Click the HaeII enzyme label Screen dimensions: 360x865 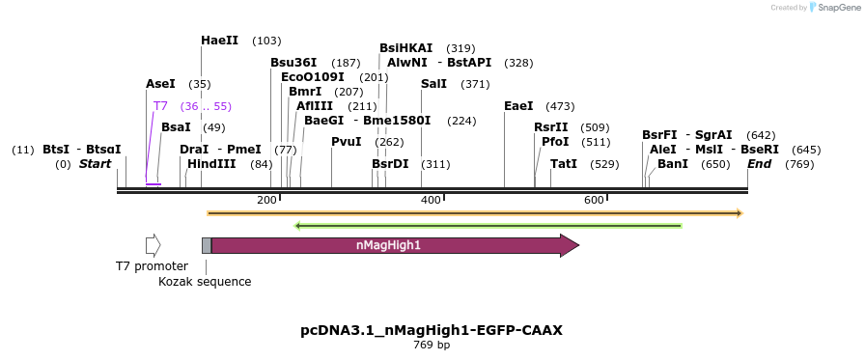click(219, 41)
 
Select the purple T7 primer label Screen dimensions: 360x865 click(160, 106)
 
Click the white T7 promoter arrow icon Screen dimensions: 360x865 click(153, 245)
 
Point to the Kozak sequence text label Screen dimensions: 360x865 click(205, 282)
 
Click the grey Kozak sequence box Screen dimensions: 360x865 click(207, 245)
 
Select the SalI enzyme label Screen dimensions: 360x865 click(433, 84)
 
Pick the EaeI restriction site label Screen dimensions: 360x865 click(518, 106)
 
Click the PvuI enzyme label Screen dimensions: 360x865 click(346, 142)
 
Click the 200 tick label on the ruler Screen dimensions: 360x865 click(266, 200)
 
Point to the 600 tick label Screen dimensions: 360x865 click(594, 200)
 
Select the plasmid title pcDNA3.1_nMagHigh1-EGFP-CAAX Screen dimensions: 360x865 click(432, 330)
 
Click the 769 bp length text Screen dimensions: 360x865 click(432, 345)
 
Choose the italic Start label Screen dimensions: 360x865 click(96, 164)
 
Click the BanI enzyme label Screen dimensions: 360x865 click(673, 164)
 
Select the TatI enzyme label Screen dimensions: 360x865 click(564, 164)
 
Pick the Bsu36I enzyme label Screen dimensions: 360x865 click(293, 63)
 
